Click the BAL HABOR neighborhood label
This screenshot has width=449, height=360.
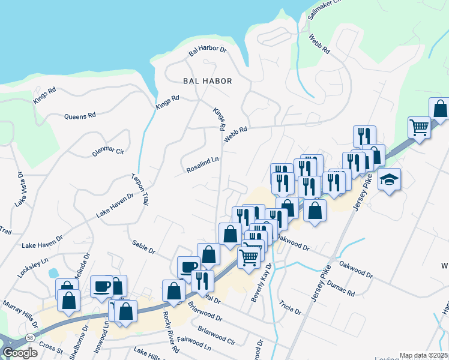207,80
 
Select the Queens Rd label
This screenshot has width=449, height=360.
80,115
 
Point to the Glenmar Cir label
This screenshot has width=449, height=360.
108,152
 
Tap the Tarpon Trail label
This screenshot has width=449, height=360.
140,190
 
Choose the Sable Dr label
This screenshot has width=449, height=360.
143,245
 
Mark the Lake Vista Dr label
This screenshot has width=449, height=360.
19,190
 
